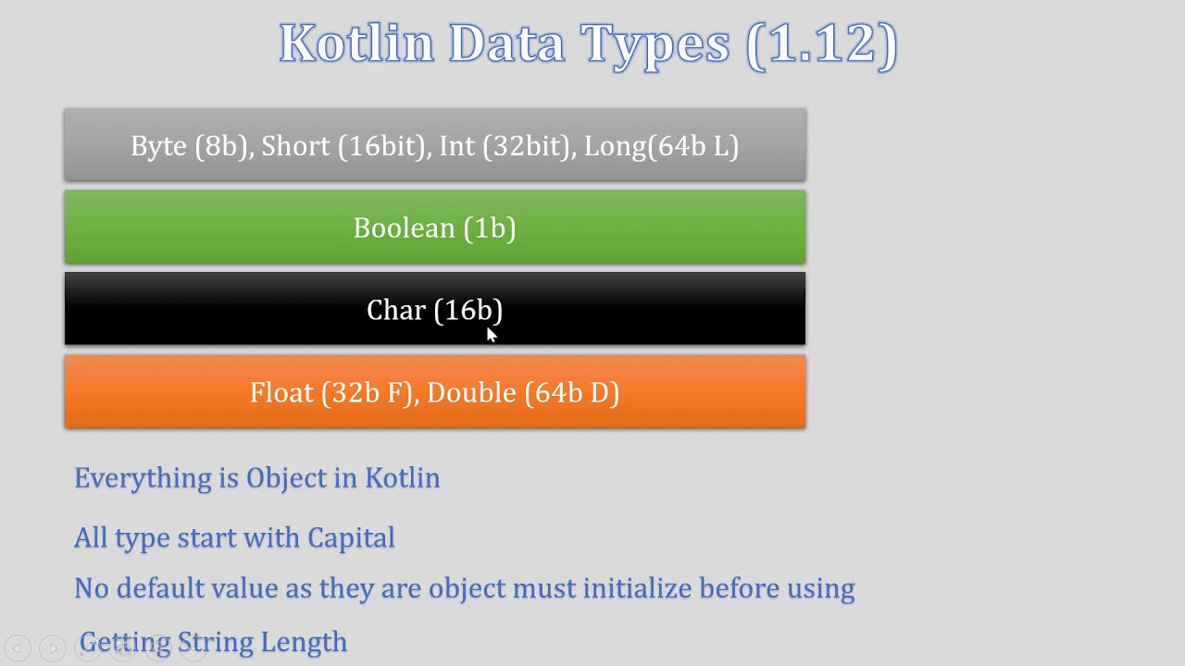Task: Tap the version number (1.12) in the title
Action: (x=821, y=43)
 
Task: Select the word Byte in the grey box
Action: (x=158, y=146)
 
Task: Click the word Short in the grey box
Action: (x=295, y=146)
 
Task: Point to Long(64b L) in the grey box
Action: (x=661, y=146)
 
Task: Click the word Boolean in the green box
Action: (x=405, y=228)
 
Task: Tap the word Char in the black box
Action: (x=395, y=311)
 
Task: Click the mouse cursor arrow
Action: (x=492, y=335)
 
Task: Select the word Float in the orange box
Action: (x=281, y=393)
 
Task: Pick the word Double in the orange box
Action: (x=471, y=393)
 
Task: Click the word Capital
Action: (x=351, y=537)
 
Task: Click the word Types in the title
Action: (x=655, y=43)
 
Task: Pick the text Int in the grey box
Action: (x=455, y=146)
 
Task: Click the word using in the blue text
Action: (x=818, y=588)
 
